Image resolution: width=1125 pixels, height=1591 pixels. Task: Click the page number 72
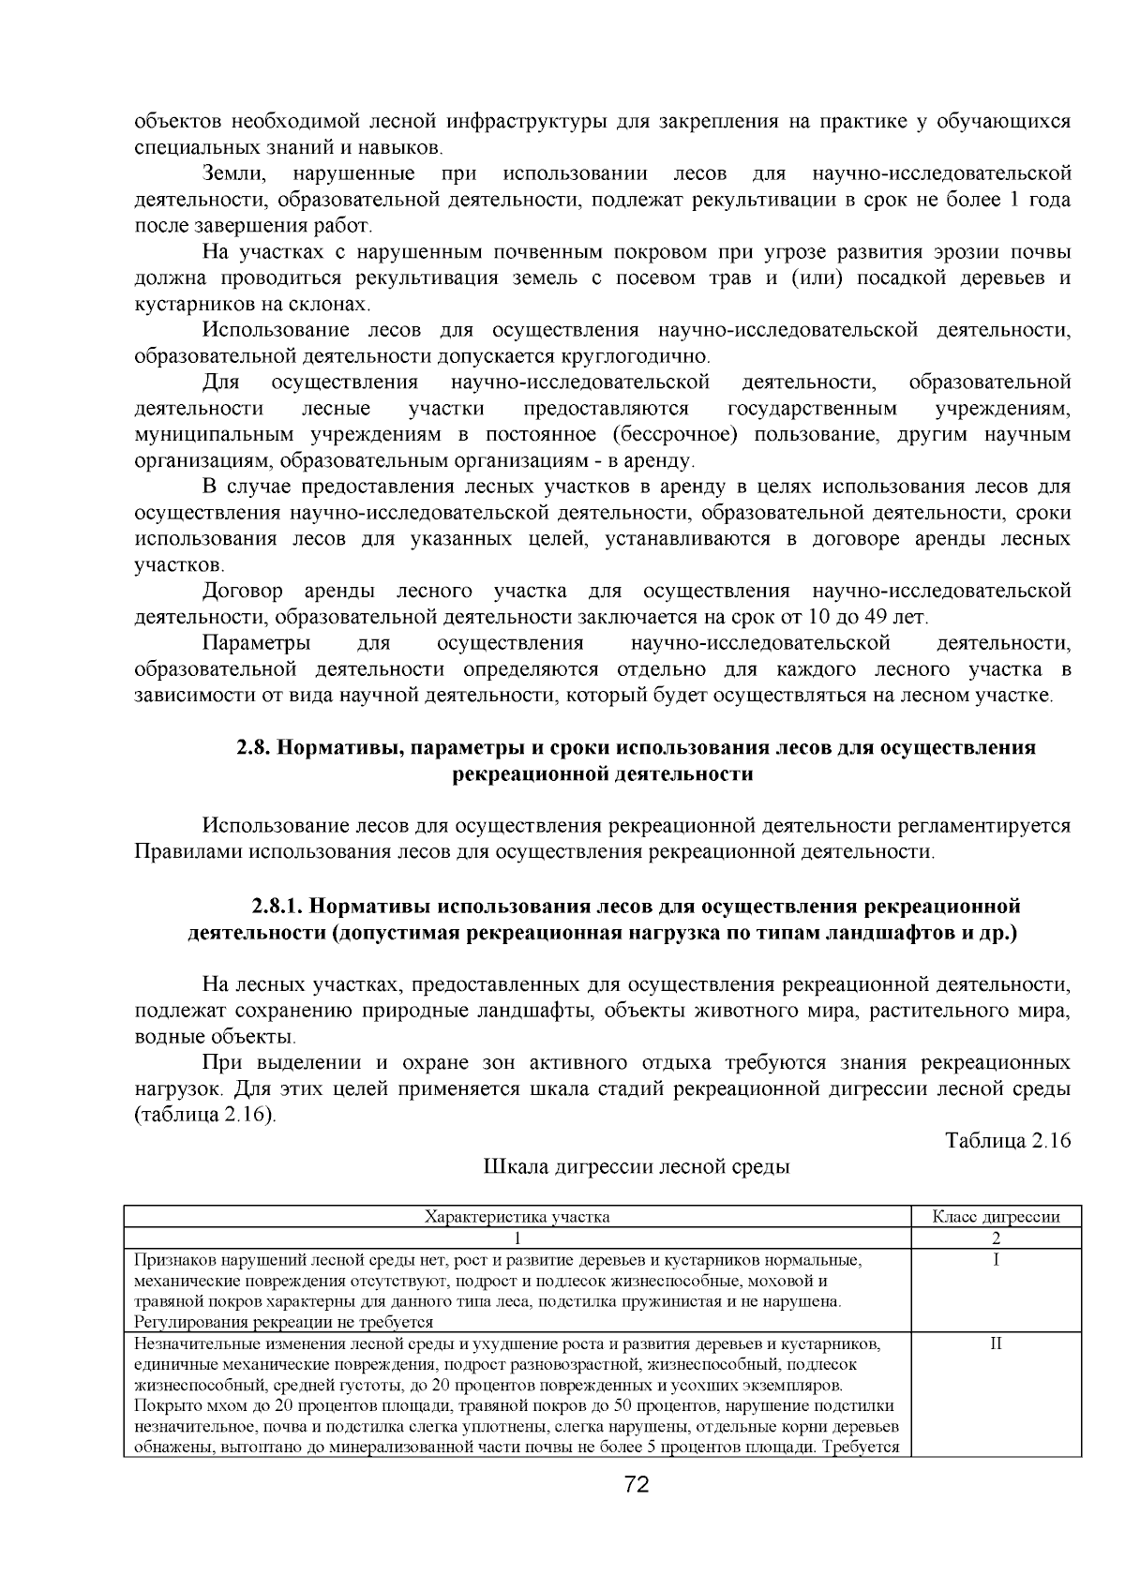(x=637, y=1484)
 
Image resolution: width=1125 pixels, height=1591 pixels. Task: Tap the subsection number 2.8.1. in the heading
(x=276, y=907)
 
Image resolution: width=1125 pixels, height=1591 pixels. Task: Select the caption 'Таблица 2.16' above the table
(x=1008, y=1140)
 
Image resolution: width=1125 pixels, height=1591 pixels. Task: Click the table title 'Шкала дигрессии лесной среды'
(x=637, y=1167)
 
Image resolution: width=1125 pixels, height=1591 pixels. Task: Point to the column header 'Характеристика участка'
(x=517, y=1217)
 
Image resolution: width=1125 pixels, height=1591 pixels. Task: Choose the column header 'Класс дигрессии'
(x=996, y=1217)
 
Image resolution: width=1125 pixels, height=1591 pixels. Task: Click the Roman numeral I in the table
(x=996, y=1260)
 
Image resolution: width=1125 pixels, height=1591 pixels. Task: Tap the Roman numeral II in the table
(x=996, y=1343)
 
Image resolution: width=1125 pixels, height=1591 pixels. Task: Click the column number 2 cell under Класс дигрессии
(x=996, y=1238)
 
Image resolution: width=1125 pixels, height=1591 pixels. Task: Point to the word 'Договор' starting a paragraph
(x=242, y=591)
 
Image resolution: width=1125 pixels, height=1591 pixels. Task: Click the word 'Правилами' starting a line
(x=186, y=852)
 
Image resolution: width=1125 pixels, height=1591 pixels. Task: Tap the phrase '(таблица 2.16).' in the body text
(x=205, y=1116)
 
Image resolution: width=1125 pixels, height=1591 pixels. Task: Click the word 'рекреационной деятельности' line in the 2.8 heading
(x=603, y=774)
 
